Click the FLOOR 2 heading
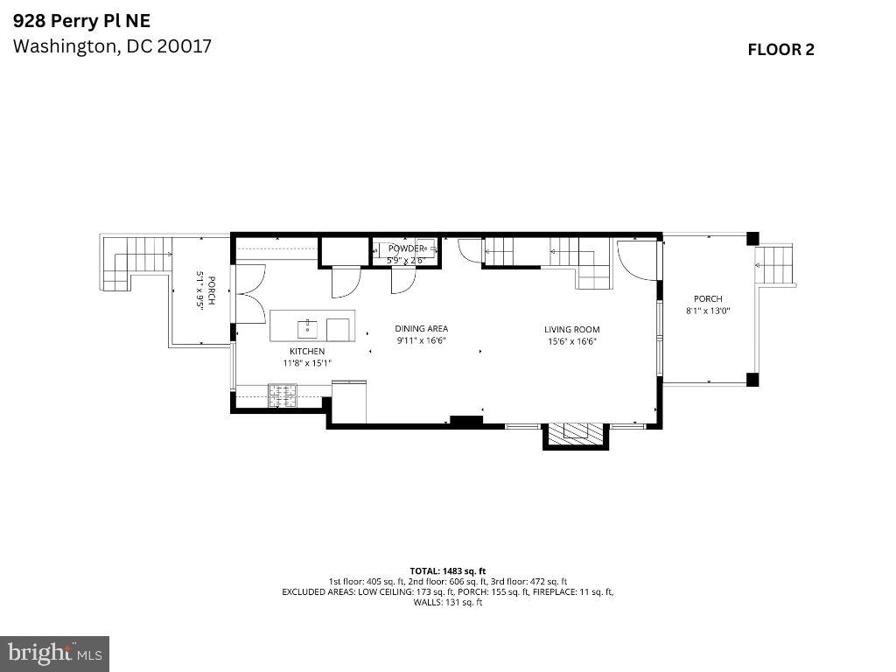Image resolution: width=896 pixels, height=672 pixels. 780,50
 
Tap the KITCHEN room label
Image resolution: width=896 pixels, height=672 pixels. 307,351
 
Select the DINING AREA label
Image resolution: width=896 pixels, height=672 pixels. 421,329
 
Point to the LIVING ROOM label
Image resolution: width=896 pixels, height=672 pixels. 573,330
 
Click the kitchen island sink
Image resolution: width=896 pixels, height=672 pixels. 307,328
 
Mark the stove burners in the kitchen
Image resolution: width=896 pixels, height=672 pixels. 283,395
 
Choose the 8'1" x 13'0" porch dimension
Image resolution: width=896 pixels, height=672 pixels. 708,311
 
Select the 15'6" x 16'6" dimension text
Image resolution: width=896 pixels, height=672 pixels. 573,341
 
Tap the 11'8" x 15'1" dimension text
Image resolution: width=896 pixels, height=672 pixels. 307,362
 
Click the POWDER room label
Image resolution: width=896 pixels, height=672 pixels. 405,248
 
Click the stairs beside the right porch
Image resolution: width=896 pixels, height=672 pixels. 775,263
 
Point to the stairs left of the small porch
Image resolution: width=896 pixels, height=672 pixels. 135,262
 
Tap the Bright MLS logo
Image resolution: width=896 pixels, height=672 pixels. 54,653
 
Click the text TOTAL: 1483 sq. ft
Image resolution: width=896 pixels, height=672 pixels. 447,570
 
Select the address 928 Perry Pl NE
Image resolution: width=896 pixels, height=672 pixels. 75,20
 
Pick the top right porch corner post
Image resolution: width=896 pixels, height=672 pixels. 752,238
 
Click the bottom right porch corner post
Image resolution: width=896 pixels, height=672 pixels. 752,379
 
